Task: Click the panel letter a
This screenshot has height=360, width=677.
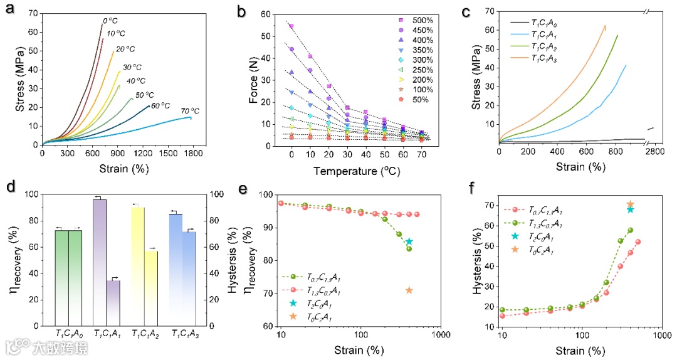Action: tap(11, 11)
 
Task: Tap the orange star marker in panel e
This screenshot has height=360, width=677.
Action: tap(409, 290)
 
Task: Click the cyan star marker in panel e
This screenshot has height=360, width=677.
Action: tap(409, 241)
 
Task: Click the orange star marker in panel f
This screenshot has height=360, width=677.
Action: tap(630, 204)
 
